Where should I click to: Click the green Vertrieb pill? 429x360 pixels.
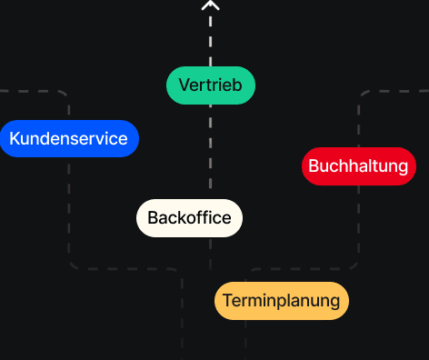click(210, 85)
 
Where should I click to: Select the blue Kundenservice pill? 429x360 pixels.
click(69, 139)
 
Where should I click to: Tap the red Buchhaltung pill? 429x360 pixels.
click(358, 166)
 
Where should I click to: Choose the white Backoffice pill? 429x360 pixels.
click(189, 218)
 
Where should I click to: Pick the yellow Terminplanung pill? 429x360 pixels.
click(281, 301)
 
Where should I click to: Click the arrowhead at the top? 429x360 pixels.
click(211, 5)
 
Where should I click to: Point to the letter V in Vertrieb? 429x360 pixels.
click(184, 85)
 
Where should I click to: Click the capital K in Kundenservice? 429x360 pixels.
click(15, 139)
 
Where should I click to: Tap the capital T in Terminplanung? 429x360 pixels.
click(227, 301)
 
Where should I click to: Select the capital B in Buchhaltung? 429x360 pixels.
click(314, 166)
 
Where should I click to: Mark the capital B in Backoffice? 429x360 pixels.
click(153, 218)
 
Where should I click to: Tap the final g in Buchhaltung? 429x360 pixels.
click(403, 168)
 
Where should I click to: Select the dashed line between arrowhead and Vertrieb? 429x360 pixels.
click(211, 36)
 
